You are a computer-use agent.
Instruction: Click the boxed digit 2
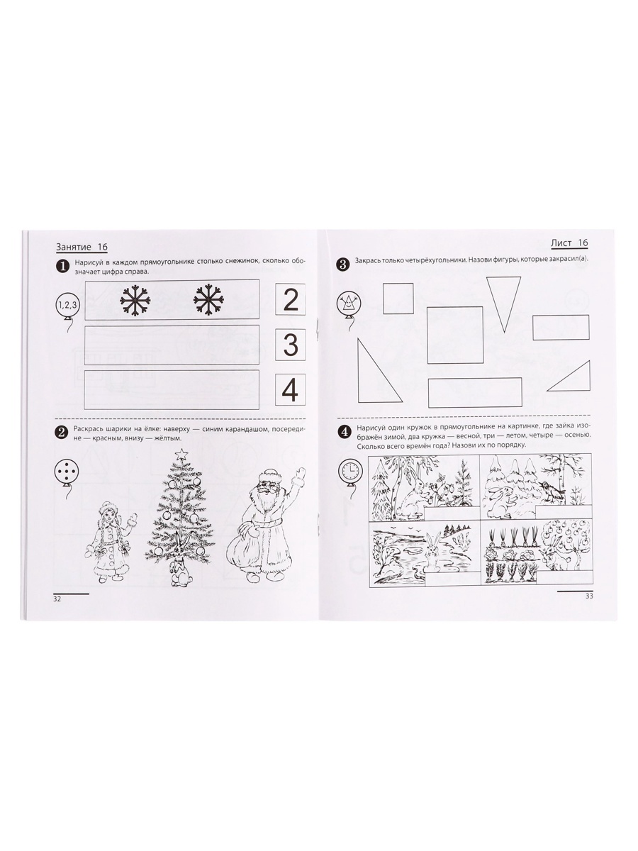click(x=291, y=299)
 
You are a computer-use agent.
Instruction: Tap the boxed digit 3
click(x=291, y=345)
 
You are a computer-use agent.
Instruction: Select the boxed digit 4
click(x=290, y=390)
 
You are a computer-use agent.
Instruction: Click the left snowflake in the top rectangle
click(x=135, y=300)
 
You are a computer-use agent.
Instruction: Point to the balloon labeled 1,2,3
click(x=68, y=305)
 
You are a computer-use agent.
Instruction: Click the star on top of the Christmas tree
click(x=181, y=454)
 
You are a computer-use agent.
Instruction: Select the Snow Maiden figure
click(x=111, y=546)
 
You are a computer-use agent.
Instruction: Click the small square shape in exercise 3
click(x=398, y=298)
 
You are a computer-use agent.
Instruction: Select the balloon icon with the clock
click(x=349, y=470)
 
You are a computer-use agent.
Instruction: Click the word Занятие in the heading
click(x=74, y=247)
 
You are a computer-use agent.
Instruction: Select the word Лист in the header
click(x=561, y=243)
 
